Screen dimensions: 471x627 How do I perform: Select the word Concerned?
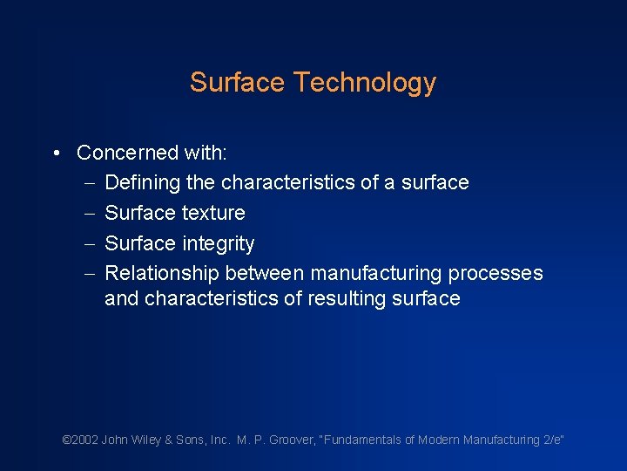[x=127, y=153]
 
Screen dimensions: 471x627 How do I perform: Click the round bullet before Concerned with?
[x=55, y=154]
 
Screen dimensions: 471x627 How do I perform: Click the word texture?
[x=212, y=213]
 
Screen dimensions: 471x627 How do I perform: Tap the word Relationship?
[x=162, y=273]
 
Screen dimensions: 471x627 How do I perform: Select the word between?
[x=265, y=273]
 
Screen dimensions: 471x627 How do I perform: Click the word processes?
[x=495, y=273]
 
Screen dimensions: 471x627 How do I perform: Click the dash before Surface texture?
[x=91, y=214]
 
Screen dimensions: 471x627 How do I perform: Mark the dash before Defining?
[x=91, y=183]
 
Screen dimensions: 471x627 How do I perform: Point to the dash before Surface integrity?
[x=91, y=244]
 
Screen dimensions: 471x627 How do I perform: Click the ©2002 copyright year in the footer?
[x=81, y=440]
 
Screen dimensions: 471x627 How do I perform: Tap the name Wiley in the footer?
[x=146, y=440]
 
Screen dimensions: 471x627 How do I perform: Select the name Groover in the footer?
[x=293, y=440]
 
